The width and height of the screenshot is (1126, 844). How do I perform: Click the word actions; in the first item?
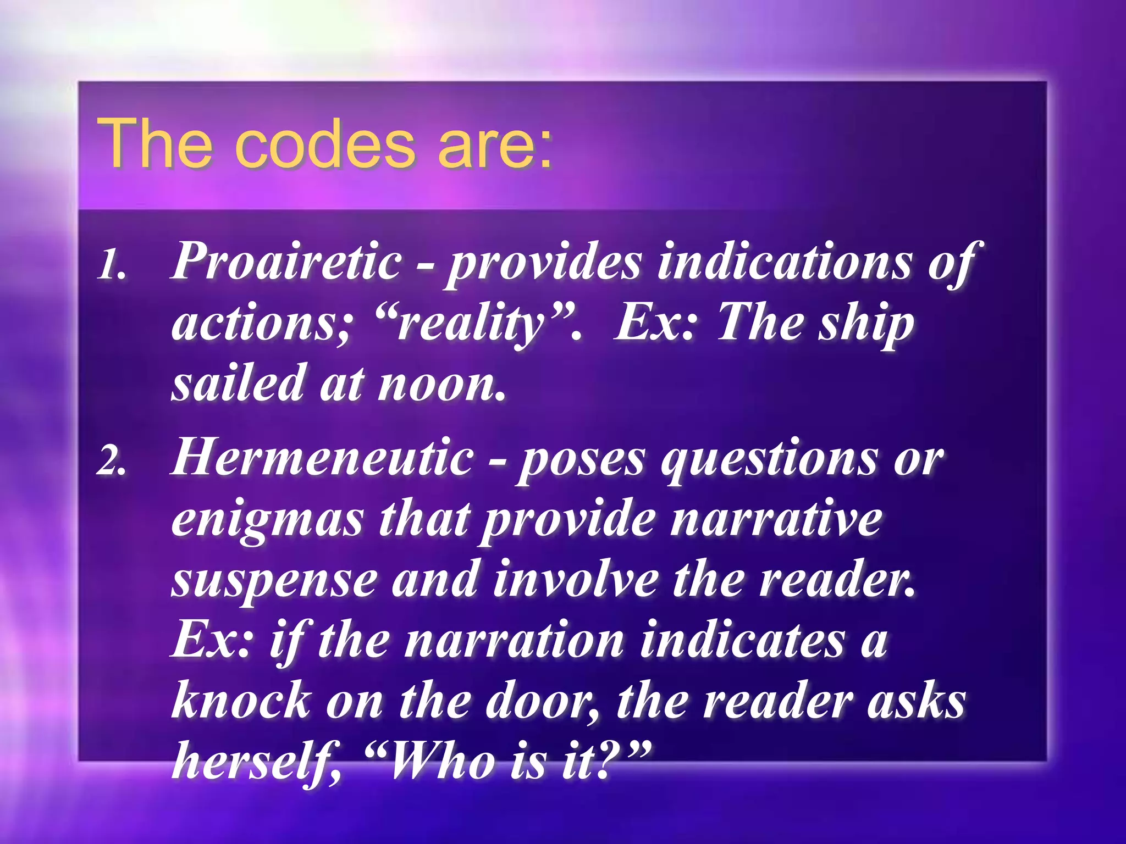(x=261, y=324)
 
